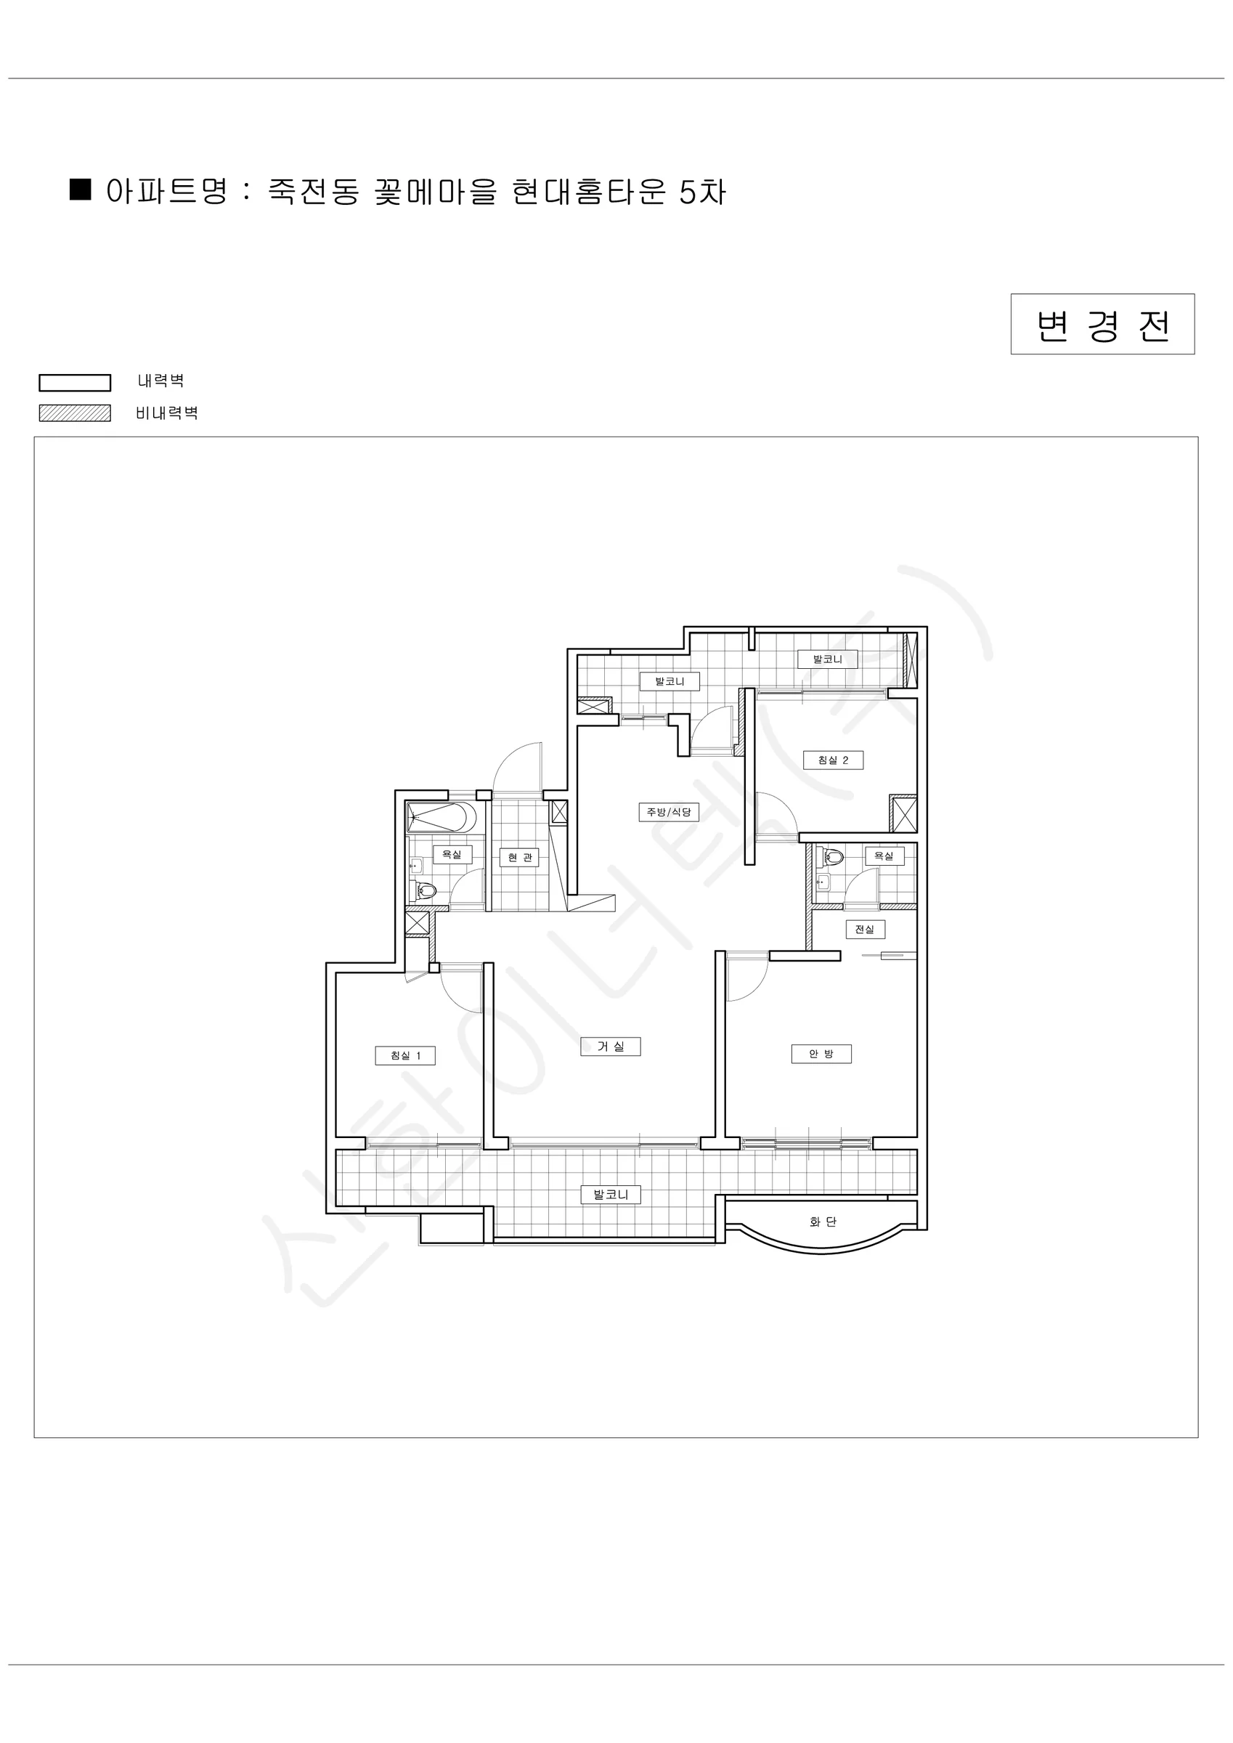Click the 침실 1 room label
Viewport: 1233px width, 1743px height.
404,1055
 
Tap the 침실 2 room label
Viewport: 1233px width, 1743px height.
833,760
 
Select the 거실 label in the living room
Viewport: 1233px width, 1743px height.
611,1046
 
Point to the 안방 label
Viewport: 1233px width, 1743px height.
821,1054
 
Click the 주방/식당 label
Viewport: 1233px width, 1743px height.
668,812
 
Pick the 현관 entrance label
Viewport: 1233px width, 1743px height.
520,857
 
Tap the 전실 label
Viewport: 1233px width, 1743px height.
865,929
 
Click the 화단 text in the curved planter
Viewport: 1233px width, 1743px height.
823,1222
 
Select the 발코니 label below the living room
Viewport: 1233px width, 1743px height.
611,1195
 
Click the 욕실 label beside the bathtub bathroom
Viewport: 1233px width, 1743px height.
452,855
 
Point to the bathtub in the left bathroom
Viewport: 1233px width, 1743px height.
441,818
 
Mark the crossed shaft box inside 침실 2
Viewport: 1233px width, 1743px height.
903,814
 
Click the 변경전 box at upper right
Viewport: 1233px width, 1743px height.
1102,324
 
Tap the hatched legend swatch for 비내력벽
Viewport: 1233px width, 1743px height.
76,413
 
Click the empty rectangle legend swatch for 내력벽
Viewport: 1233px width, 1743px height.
76,383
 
